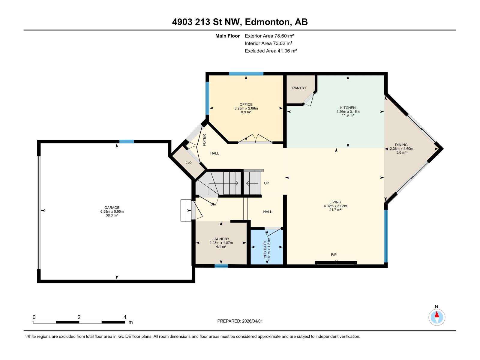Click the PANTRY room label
tap(299, 88)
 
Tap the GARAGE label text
tap(112, 208)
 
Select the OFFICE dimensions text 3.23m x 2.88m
tap(246, 108)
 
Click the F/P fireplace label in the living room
tap(334, 255)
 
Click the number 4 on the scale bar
tap(125, 317)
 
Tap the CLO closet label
tap(188, 163)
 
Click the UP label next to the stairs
tap(266, 183)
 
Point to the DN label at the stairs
tap(213, 204)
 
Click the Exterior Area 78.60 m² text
tap(269, 36)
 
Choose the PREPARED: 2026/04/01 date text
tap(240, 321)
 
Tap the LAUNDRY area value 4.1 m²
tap(221, 247)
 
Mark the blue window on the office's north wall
tap(246, 74)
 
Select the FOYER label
tap(205, 140)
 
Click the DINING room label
tap(401, 145)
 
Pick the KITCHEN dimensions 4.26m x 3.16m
tap(348, 112)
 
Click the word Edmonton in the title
tap(268, 22)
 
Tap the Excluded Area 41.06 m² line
tap(271, 51)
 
